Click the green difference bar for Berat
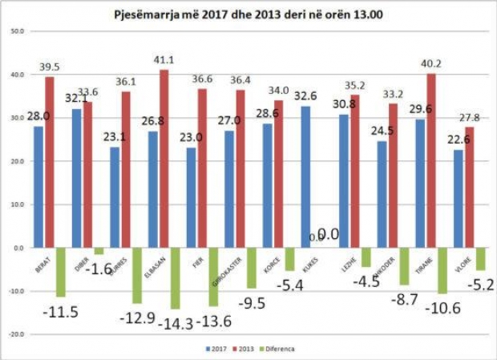coord(60,273)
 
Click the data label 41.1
coord(164,59)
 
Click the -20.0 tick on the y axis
coord(15,334)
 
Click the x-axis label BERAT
coord(38,262)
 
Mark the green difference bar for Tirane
coord(442,271)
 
